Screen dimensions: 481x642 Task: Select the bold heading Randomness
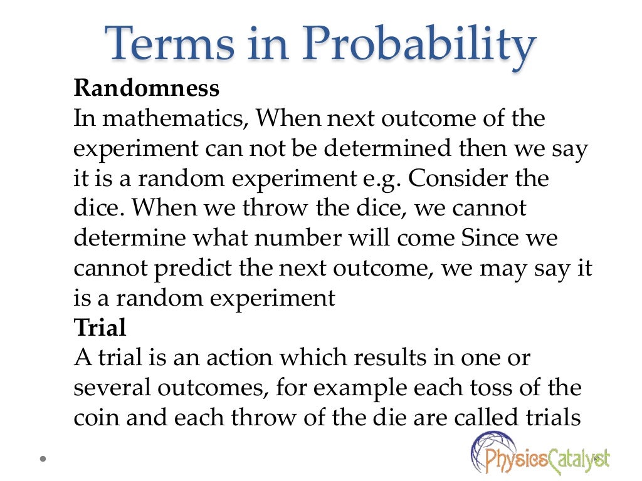point(147,88)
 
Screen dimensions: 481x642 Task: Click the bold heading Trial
point(100,328)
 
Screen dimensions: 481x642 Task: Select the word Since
point(491,239)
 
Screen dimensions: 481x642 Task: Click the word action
point(239,358)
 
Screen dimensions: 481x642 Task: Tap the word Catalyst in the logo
point(576,462)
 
